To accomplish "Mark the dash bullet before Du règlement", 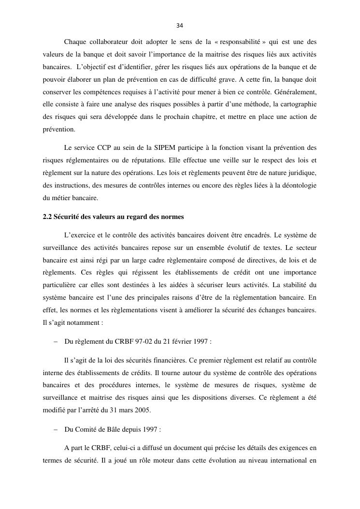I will point(55,341).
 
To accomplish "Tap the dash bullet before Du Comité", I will point(55,429).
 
